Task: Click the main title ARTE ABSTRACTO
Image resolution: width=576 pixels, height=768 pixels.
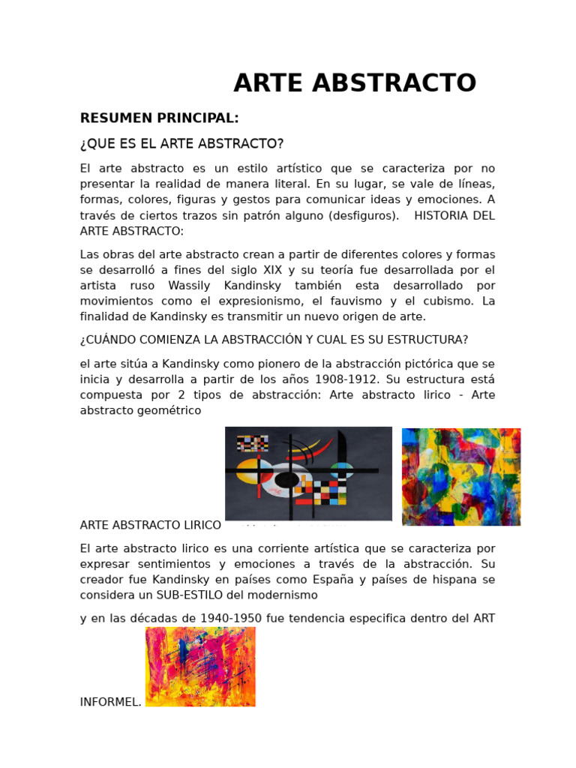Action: coord(355,83)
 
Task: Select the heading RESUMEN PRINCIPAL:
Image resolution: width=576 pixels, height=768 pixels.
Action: coord(159,118)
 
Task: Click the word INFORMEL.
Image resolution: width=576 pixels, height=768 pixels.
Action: coord(110,703)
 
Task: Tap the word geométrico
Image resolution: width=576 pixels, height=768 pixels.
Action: coord(166,411)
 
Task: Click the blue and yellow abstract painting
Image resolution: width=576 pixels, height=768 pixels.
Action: coord(461,477)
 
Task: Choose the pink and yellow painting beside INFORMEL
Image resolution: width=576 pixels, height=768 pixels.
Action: coord(200,667)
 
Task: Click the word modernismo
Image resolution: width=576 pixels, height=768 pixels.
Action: coord(283,595)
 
